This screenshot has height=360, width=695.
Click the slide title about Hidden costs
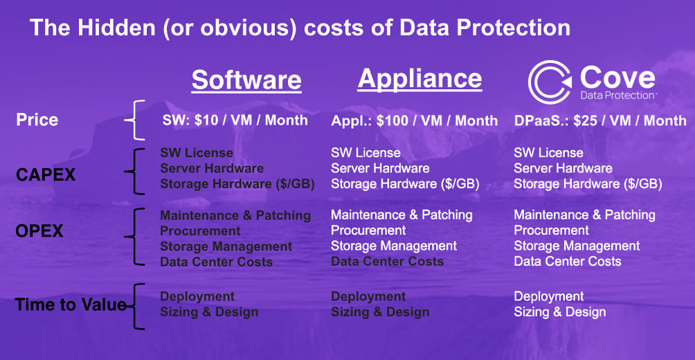click(300, 28)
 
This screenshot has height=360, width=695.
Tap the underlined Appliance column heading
click(419, 78)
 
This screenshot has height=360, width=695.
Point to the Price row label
click(37, 120)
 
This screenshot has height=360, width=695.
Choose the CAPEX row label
click(46, 175)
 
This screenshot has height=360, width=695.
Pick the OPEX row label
click(39, 231)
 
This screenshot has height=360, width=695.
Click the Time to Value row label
click(71, 305)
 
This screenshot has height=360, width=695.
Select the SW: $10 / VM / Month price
click(235, 120)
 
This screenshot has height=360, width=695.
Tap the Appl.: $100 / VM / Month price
click(415, 120)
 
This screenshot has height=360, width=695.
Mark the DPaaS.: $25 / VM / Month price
click(600, 120)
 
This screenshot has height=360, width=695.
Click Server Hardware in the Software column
click(212, 168)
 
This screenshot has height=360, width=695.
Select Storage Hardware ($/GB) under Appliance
click(405, 184)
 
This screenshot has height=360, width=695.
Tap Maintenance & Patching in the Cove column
click(585, 215)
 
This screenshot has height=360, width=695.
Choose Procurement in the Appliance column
click(368, 231)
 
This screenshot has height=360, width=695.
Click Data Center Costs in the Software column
click(216, 262)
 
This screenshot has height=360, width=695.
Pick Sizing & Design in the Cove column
click(560, 312)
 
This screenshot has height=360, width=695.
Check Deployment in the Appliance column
click(368, 296)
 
